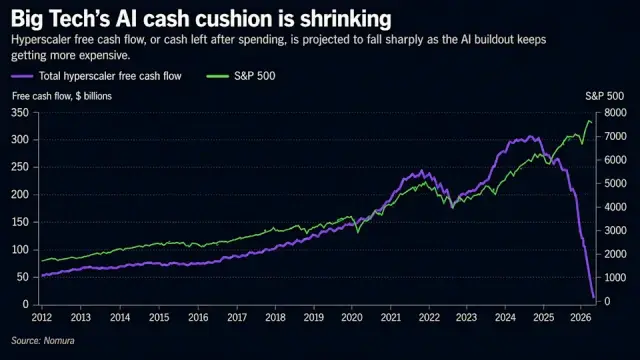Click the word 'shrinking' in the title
coord(346,20)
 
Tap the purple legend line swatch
coord(22,76)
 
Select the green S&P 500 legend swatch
coord(218,76)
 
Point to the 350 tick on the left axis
coord(20,113)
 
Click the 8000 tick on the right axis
coord(615,113)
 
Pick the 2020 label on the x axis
coord(352,318)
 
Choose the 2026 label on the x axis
coord(580,318)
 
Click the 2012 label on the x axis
coord(42,318)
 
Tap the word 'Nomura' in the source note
coord(59,341)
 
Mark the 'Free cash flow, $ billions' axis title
coord(62,96)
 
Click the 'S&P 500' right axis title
coord(604,96)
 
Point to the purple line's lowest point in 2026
coord(594,298)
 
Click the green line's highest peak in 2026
coord(589,121)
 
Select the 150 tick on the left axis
coord(20,222)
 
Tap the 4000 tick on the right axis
coord(615,207)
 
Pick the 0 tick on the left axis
coord(26,304)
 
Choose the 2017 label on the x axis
coord(237,318)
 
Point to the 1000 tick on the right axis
coord(615,278)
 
